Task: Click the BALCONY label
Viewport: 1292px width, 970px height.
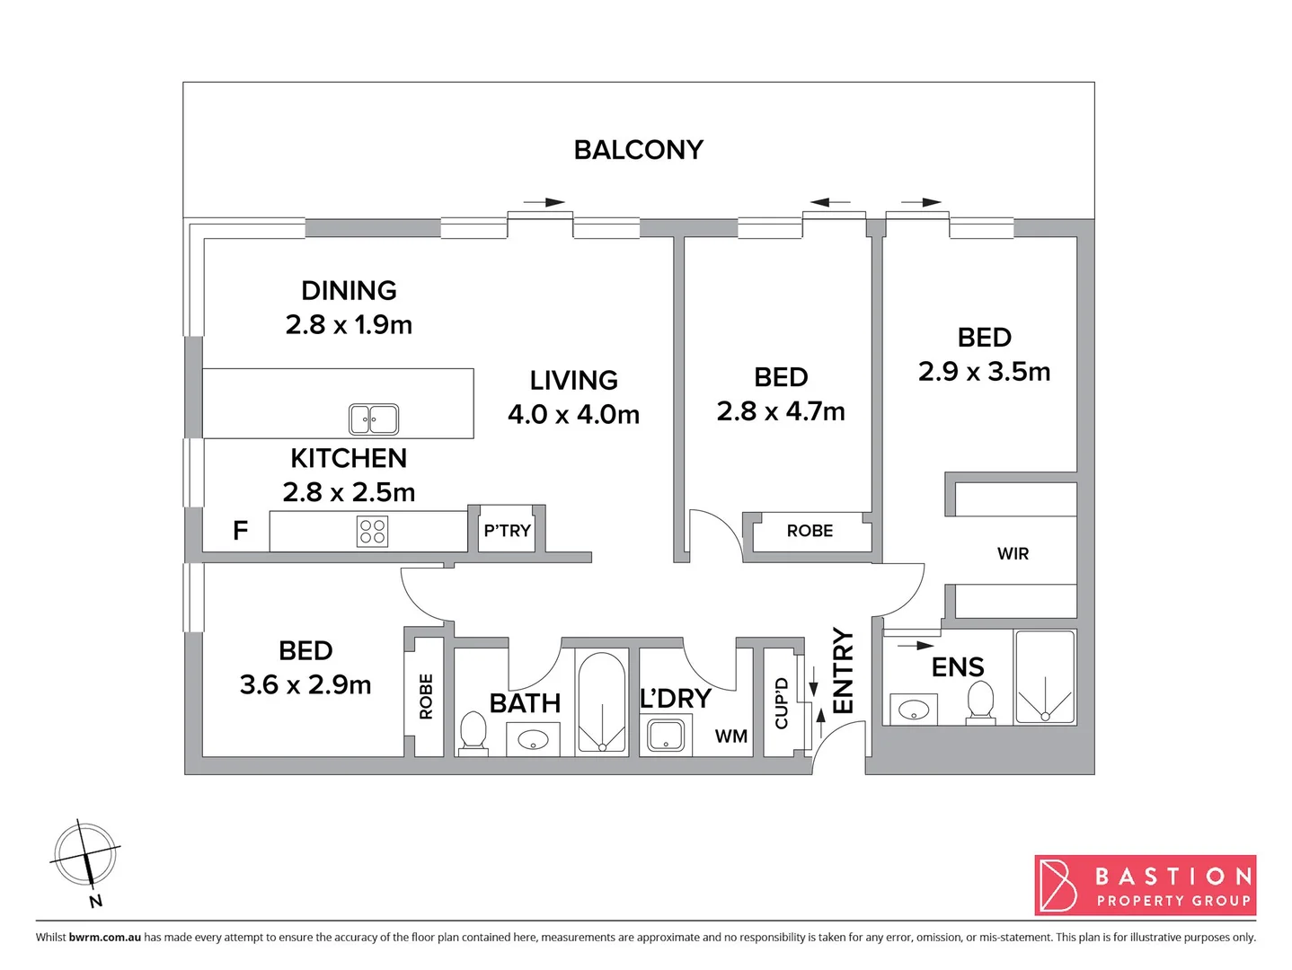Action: click(638, 149)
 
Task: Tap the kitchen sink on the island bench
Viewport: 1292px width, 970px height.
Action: click(374, 419)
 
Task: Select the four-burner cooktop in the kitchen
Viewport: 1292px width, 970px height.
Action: click(372, 531)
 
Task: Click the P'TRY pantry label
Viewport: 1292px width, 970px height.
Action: click(507, 531)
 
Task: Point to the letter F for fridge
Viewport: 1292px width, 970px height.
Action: click(240, 531)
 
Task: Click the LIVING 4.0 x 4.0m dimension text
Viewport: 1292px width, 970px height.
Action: click(573, 414)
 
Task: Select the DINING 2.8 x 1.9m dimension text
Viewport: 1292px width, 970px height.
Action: click(349, 324)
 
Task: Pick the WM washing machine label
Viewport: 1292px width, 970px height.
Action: click(730, 736)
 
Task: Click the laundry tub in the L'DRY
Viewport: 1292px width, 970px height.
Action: click(666, 736)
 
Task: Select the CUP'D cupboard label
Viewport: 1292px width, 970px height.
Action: click(781, 703)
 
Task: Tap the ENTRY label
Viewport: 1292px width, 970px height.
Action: click(843, 671)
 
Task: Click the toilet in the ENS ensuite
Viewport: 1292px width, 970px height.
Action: click(980, 701)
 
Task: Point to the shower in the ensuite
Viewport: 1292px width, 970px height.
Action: click(1045, 677)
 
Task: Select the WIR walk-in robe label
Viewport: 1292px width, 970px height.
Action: click(1013, 554)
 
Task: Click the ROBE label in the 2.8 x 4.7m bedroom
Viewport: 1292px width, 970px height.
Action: click(810, 531)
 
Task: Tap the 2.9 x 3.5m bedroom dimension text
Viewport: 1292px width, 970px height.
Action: click(984, 372)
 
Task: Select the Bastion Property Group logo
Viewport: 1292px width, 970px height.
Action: click(1145, 885)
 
